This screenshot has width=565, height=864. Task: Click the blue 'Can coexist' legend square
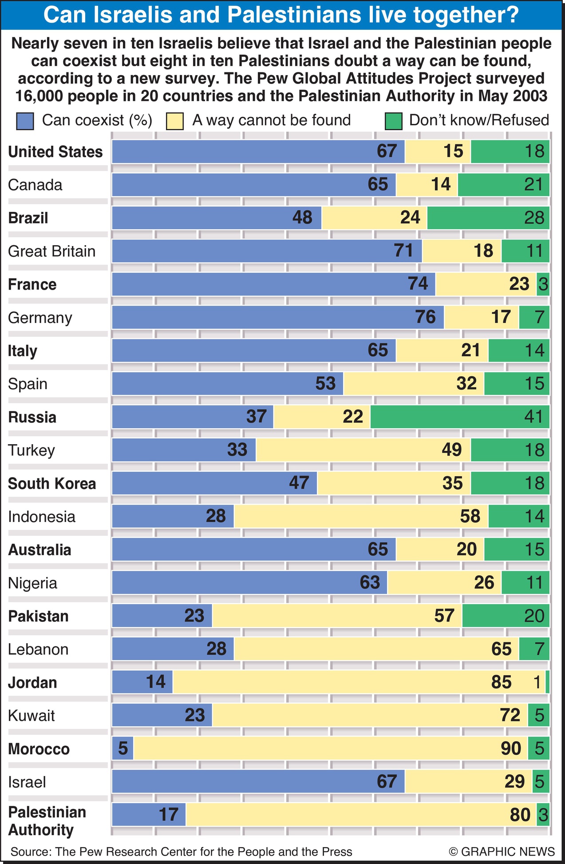coord(25,121)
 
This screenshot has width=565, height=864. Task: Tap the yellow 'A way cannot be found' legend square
coord(174,121)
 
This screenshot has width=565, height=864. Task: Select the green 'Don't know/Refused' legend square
coord(393,121)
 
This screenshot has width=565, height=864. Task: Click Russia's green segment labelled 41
coord(460,417)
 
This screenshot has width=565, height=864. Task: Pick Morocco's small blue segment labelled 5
coord(122,749)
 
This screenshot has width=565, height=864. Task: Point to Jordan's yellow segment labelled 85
coord(359,682)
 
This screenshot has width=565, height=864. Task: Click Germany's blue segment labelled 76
coord(277,317)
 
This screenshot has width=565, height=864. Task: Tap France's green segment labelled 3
coord(543,284)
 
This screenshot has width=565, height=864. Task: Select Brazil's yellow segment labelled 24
coord(374,218)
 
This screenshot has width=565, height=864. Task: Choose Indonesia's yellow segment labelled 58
coord(361,516)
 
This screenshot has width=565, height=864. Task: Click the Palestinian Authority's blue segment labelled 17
coord(149,815)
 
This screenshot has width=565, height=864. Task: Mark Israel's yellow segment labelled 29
coord(468,781)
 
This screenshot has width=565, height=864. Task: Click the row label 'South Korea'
coord(52,483)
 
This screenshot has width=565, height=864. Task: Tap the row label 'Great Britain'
coord(51,251)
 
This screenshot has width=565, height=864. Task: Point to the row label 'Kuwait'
coord(31,716)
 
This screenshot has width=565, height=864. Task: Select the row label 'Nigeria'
coord(32,583)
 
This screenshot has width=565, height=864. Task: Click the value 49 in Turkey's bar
coord(452,450)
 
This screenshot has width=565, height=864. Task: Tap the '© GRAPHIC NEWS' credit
coord(502,852)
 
